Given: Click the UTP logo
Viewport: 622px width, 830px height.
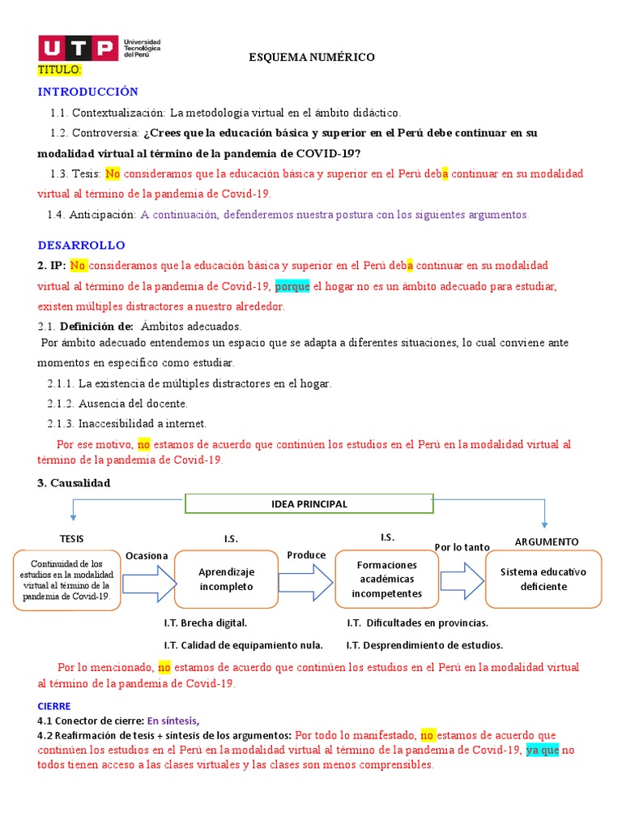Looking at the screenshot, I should coord(100,49).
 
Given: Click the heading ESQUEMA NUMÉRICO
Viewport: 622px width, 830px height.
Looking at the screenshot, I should coord(311,57).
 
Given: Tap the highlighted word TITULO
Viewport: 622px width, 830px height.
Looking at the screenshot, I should coord(60,71).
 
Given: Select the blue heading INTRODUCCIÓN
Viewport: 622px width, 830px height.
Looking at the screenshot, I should coord(88,92).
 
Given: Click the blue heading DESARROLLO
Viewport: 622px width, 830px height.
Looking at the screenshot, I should coord(82,245).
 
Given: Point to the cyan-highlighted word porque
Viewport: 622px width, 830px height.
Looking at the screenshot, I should coord(292,286).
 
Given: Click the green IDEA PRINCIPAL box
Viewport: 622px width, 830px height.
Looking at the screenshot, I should coord(309,504).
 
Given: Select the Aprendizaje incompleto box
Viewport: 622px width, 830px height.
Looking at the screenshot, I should coord(226,579).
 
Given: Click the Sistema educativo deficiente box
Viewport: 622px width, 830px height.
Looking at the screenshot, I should coord(543,579).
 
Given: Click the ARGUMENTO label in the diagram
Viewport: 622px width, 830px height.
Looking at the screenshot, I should coord(546,541).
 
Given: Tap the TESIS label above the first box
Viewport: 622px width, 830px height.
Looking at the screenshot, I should coord(71,539).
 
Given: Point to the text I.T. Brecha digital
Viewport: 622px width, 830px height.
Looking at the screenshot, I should coord(205,623).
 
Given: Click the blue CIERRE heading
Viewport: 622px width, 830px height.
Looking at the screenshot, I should coord(54,706).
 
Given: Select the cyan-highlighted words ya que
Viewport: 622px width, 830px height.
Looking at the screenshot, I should coord(543,750).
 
